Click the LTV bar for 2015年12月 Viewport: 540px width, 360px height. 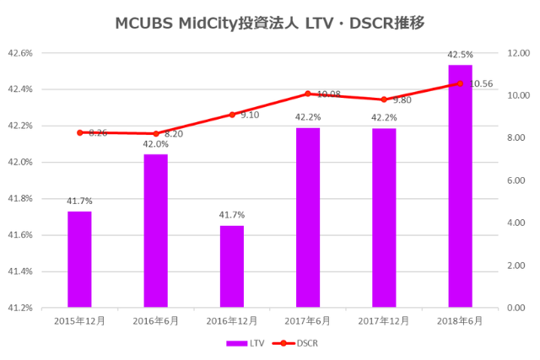point(79,259)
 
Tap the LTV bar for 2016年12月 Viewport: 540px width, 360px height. point(232,266)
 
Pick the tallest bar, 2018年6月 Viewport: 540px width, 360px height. point(460,185)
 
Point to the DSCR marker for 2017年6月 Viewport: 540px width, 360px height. point(308,94)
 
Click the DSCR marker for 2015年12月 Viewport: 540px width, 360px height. point(79,132)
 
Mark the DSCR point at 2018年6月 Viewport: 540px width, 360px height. point(460,83)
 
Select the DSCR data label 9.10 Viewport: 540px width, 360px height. point(250,115)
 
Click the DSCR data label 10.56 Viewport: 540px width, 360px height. point(481,84)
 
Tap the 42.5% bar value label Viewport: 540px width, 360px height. point(460,55)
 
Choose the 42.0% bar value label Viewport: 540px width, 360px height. point(155,144)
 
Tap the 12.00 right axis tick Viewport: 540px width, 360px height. point(516,52)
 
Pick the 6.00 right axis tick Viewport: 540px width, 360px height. point(515,180)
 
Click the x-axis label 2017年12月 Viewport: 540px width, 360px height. point(384,321)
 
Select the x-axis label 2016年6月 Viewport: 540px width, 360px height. point(155,321)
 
